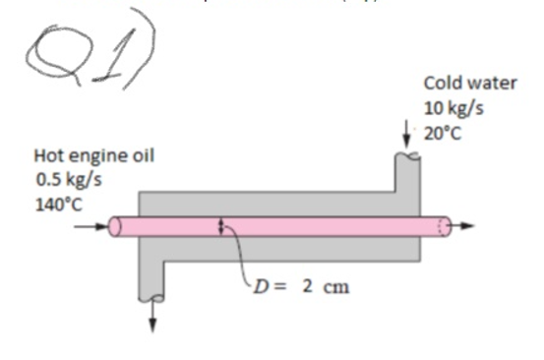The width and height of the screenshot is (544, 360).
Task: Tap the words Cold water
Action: click(x=469, y=84)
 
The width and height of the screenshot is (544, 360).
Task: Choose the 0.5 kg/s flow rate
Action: click(x=69, y=180)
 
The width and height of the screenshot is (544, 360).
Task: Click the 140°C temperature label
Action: click(x=60, y=204)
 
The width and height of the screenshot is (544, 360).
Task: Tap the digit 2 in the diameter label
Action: click(x=308, y=286)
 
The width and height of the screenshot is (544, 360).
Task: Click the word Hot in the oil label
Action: click(x=49, y=155)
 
